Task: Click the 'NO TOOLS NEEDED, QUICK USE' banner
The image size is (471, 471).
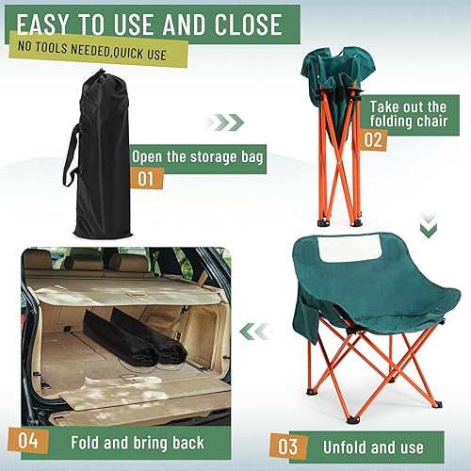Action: (x=91, y=54)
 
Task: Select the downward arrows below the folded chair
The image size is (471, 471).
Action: (x=428, y=226)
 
